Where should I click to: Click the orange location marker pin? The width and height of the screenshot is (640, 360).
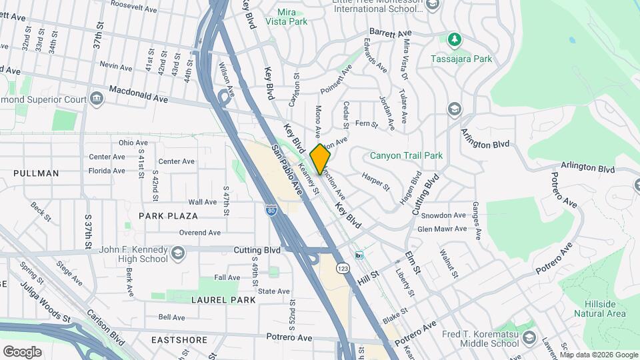pos(321,158)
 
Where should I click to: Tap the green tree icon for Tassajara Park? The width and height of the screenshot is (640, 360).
pos(455,40)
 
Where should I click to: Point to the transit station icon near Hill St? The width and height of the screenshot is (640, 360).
pos(359,255)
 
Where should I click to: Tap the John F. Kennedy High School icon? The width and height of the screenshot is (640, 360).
pos(178,253)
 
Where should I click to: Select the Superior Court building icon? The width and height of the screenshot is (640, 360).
pos(97,99)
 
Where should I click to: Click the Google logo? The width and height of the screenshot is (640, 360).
pos(22,351)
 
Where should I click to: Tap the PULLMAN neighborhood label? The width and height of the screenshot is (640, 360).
pos(36,173)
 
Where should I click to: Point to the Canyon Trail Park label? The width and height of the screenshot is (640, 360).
pos(407,155)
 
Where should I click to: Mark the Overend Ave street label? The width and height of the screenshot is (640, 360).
pos(199,233)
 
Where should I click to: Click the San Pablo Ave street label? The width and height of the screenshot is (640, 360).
pos(286,171)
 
